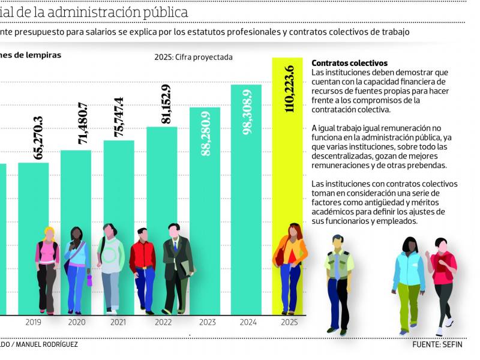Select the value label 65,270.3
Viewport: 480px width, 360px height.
point(39,137)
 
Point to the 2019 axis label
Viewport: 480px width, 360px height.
point(33,322)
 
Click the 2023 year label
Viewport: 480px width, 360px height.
point(208,322)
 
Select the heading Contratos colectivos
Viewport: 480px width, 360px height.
point(350,63)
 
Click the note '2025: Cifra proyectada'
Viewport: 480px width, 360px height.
point(193,58)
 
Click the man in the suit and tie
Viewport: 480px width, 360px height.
point(176,267)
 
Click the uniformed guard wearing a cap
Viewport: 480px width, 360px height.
point(338,282)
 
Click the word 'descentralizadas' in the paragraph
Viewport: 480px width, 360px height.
point(340,156)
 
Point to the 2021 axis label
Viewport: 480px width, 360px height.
point(118,322)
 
